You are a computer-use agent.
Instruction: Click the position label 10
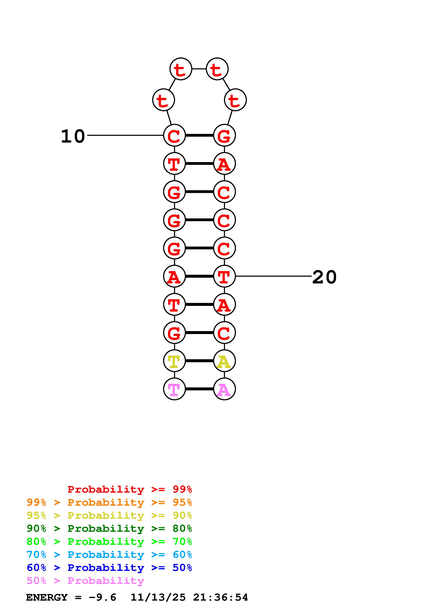[73, 137]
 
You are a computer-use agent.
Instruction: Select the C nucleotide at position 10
[174, 135]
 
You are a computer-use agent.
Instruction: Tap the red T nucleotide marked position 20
[224, 276]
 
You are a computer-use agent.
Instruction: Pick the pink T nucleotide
[174, 389]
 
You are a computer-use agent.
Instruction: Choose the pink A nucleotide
[224, 389]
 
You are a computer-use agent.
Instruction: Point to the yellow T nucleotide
[174, 361]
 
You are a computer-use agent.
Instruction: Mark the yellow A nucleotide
[224, 361]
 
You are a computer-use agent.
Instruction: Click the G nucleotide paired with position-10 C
[224, 135]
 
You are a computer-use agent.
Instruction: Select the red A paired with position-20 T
[174, 276]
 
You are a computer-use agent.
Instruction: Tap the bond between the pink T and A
[199, 389]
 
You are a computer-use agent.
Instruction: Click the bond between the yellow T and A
[199, 361]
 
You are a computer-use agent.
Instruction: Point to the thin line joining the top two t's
[199, 69]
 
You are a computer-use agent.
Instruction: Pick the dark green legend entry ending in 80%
[109, 529]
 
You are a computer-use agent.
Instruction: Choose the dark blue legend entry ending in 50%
[109, 568]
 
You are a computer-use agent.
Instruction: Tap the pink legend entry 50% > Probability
[85, 581]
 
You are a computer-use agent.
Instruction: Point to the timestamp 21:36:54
[220, 597]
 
